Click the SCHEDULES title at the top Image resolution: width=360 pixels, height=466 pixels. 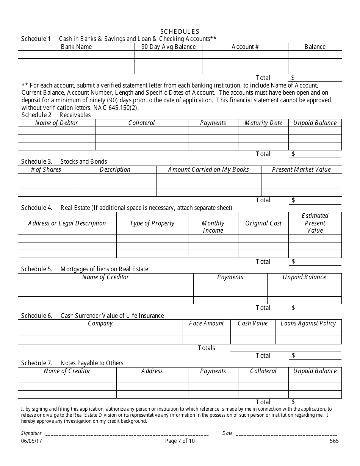[x=180, y=31]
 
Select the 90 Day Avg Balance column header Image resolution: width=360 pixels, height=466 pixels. [x=168, y=47]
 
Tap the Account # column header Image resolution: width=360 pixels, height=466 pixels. [x=245, y=47]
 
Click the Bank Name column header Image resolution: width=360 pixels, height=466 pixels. [x=76, y=47]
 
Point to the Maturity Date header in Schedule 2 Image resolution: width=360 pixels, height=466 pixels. [x=263, y=123]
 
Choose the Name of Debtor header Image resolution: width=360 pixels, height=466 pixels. [x=56, y=123]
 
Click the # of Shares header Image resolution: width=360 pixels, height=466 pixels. [x=46, y=169]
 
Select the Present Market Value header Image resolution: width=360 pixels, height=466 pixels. [x=301, y=169]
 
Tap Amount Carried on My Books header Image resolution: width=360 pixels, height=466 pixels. [x=208, y=169]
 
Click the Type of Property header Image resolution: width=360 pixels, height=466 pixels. [x=152, y=223]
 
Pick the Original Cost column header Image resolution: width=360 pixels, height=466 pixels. [x=263, y=223]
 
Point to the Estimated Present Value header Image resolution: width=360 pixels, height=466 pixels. [x=315, y=223]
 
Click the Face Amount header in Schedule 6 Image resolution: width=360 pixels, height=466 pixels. [x=207, y=323]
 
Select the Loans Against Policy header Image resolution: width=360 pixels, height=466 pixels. [x=308, y=323]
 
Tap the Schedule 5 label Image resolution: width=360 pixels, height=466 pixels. [x=36, y=269]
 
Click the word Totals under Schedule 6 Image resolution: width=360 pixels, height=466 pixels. [x=207, y=348]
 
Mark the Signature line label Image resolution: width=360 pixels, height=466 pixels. [x=31, y=433]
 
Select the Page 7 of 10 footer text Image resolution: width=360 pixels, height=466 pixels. [x=180, y=441]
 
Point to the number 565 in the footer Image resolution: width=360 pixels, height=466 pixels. [x=334, y=441]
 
